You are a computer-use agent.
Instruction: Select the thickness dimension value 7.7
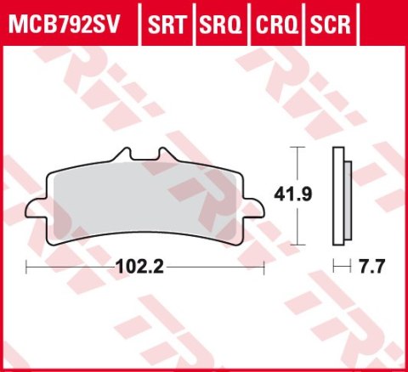(373, 266)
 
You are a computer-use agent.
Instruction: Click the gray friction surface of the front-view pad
(144, 204)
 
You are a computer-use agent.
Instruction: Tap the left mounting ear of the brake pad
(38, 210)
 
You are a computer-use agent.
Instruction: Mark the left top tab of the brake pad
(123, 155)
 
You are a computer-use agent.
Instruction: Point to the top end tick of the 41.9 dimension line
(296, 146)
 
